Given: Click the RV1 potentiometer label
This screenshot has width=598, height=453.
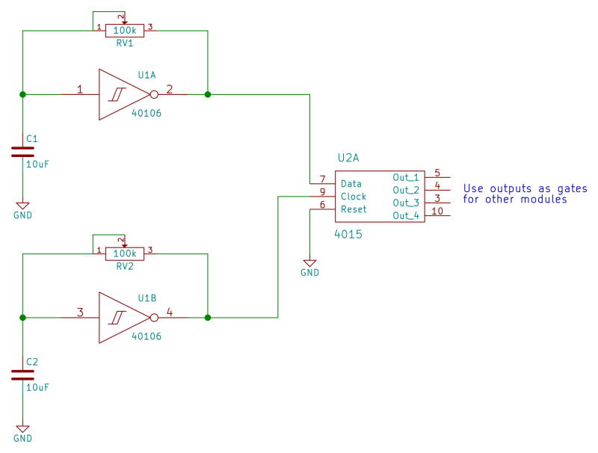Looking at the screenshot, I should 124,43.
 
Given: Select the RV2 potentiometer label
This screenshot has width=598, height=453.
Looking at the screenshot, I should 124,266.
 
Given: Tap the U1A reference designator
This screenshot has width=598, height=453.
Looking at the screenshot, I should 147,75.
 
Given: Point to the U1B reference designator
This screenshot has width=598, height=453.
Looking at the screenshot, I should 147,298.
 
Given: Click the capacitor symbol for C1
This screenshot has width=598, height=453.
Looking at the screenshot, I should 23,152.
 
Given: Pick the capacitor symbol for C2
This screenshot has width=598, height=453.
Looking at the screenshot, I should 23,375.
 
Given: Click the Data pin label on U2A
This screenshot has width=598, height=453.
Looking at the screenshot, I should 351,184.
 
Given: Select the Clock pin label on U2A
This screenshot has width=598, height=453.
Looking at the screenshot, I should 354,197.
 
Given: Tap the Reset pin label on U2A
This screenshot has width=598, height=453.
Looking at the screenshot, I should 354,209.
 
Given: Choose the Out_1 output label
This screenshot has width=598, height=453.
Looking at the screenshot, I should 406,177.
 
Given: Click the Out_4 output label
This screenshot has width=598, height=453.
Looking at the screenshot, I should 406,215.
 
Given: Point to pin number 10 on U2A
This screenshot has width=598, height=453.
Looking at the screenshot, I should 438,211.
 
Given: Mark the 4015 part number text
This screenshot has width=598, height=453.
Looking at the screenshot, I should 348,234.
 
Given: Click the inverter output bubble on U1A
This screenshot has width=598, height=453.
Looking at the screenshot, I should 154,95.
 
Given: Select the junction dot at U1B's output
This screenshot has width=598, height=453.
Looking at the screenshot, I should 207,318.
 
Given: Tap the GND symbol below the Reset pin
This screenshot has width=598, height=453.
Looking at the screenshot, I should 309,263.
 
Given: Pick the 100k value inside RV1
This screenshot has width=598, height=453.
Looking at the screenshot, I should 124,30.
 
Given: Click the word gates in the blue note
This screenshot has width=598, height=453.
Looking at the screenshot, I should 572,188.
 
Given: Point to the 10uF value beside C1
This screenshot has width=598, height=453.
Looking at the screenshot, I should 37,164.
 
